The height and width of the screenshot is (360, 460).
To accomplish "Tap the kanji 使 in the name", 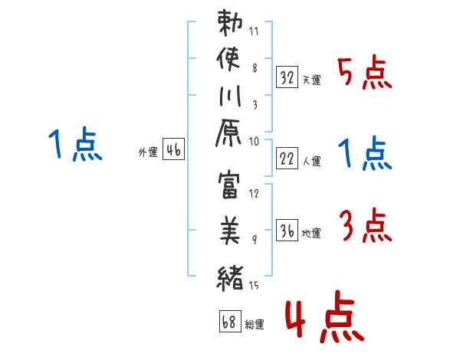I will pyautogui.click(x=231, y=58).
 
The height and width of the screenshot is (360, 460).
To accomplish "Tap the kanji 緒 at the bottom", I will pyautogui.click(x=231, y=274).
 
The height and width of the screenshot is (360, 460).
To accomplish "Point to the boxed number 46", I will pyautogui.click(x=173, y=150).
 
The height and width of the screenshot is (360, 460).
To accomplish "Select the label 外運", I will pyautogui.click(x=147, y=152).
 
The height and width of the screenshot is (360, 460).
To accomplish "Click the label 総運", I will pyautogui.click(x=254, y=325).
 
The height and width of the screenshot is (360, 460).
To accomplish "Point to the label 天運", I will pyautogui.click(x=311, y=80).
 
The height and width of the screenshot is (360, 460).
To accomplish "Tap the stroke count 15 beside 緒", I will pyautogui.click(x=254, y=286).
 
